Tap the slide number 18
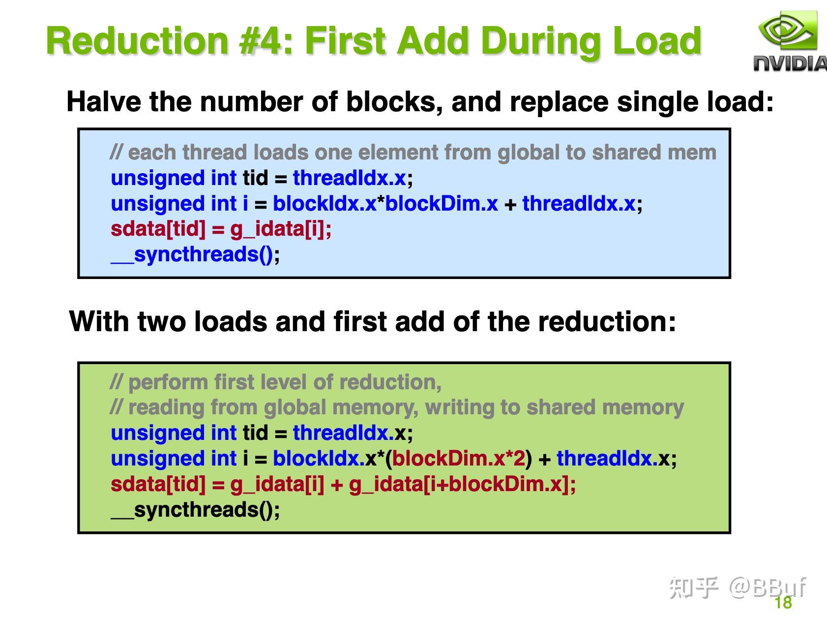[x=783, y=603]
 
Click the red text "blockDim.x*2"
[x=459, y=459]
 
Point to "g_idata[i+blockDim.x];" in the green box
[x=462, y=485]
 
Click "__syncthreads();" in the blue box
[x=196, y=255]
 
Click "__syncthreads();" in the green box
[x=196, y=510]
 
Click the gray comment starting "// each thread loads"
[x=413, y=153]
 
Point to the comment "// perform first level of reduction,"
[x=276, y=382]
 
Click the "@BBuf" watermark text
[x=768, y=587]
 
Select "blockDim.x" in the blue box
[x=442, y=204]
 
